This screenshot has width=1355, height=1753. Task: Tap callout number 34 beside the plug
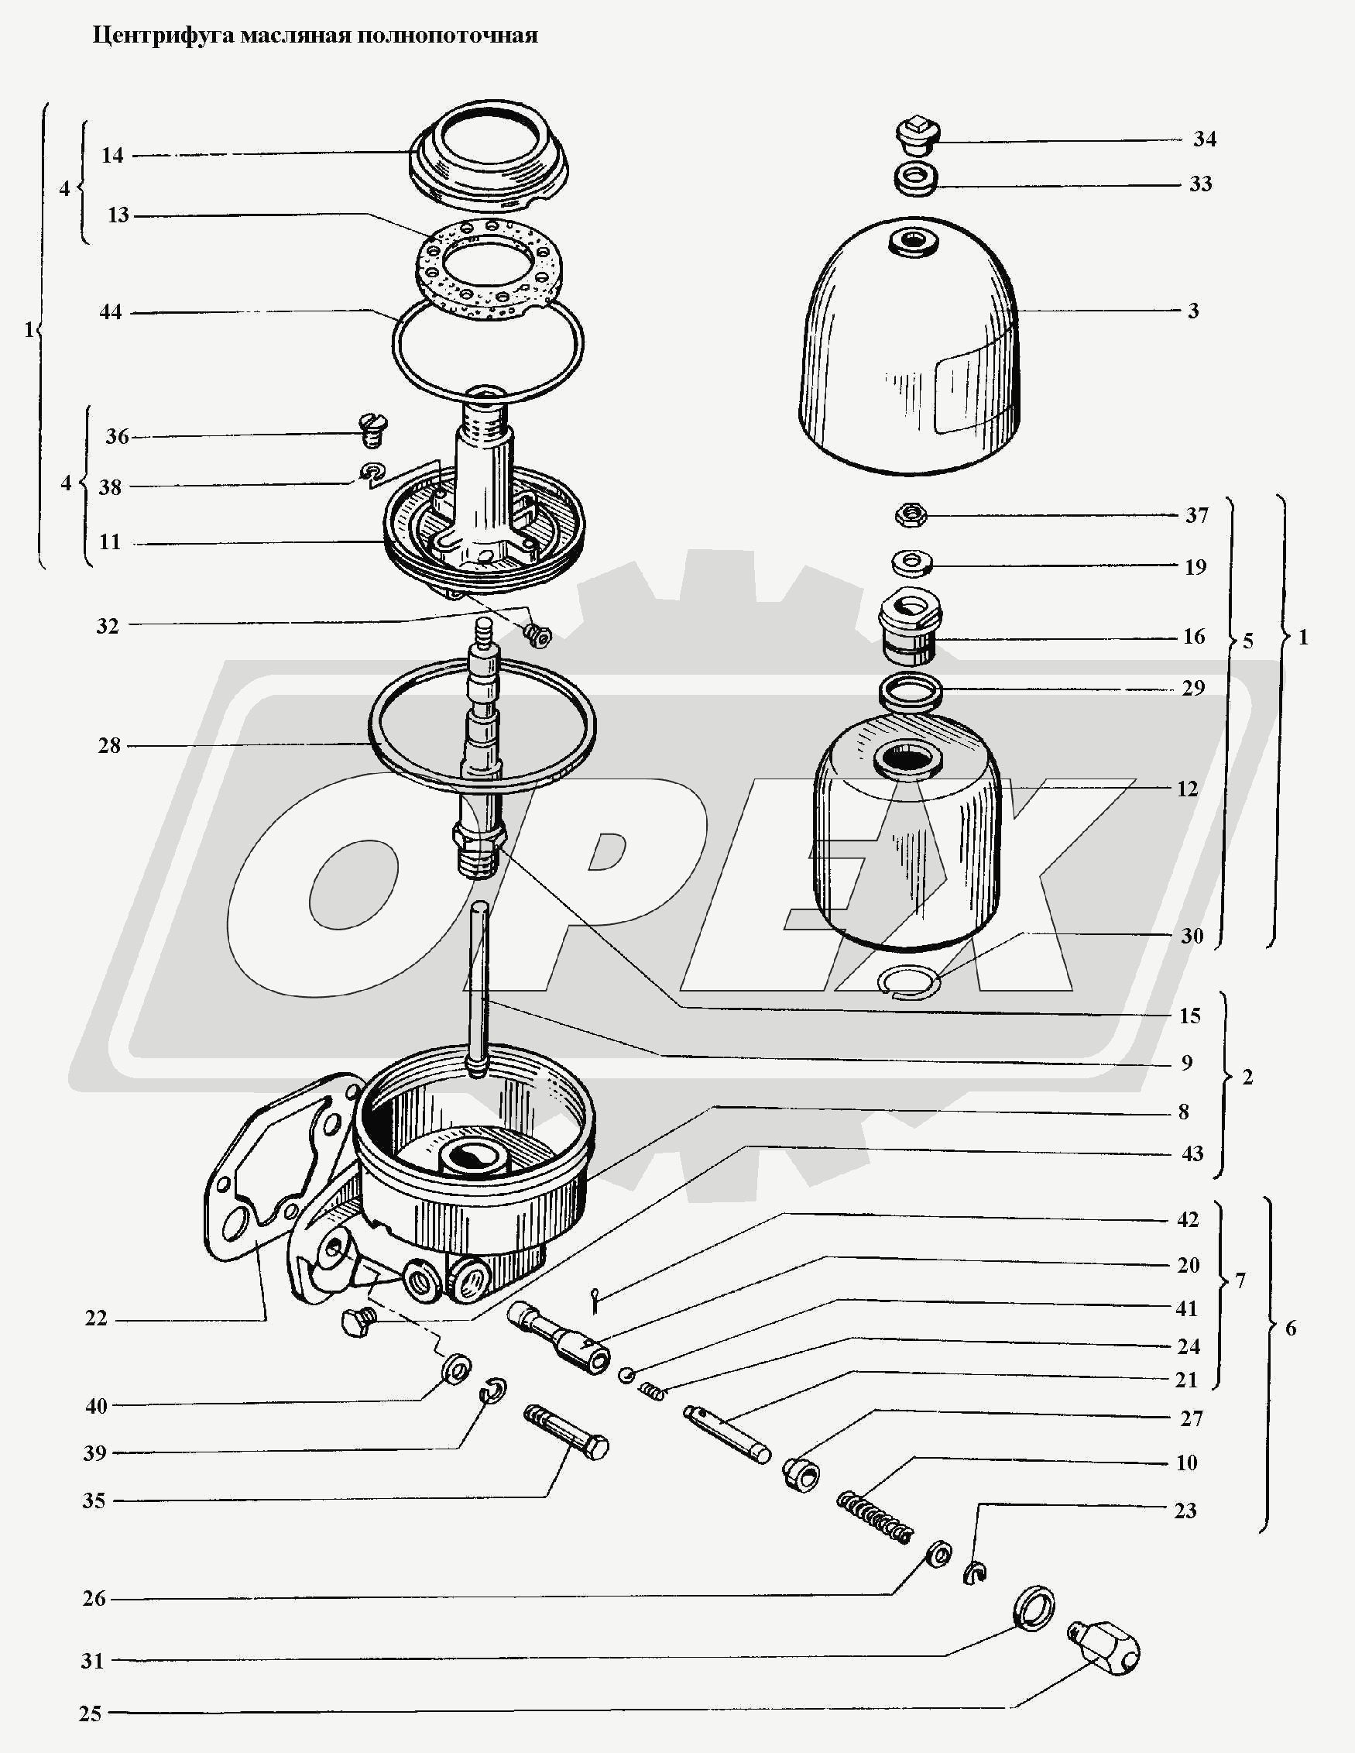pyautogui.click(x=1204, y=139)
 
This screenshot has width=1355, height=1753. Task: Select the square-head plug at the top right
pyautogui.click(x=918, y=136)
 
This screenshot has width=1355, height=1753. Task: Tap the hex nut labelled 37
pyautogui.click(x=910, y=514)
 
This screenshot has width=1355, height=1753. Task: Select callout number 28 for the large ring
pyautogui.click(x=109, y=746)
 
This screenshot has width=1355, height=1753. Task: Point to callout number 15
pyautogui.click(x=1190, y=1016)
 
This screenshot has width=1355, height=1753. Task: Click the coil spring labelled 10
pyautogui.click(x=875, y=1516)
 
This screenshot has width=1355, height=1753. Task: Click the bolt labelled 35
pyautogui.click(x=565, y=1432)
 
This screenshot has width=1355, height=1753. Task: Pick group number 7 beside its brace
pyautogui.click(x=1240, y=1280)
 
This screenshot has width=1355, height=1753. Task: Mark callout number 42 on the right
pyautogui.click(x=1188, y=1220)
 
